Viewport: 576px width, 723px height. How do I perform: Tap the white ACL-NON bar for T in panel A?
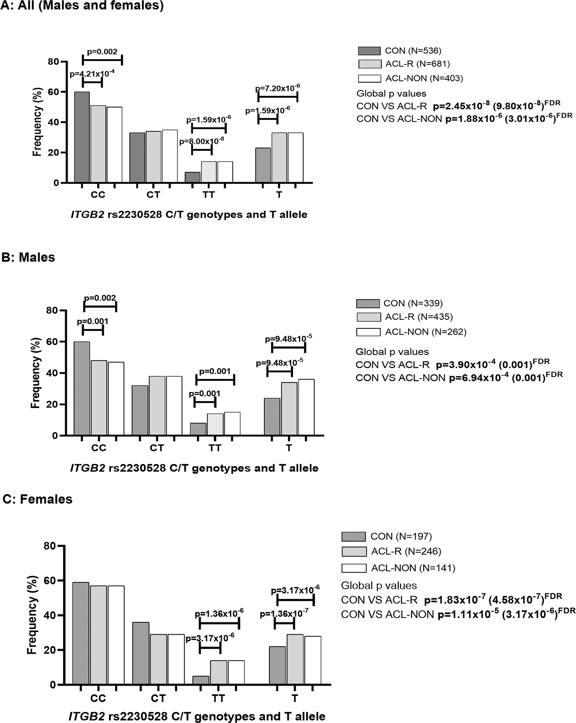pos(295,158)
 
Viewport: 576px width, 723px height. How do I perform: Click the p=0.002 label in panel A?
pos(102,52)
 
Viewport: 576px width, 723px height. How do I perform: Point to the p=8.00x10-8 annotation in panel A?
pos(201,141)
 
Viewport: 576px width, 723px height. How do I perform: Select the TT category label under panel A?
pos(209,195)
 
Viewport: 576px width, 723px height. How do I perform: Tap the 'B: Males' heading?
pos(28,257)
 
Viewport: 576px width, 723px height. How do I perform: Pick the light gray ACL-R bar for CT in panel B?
pos(157,406)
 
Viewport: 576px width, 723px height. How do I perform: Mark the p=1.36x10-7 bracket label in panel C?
pos(284,613)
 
